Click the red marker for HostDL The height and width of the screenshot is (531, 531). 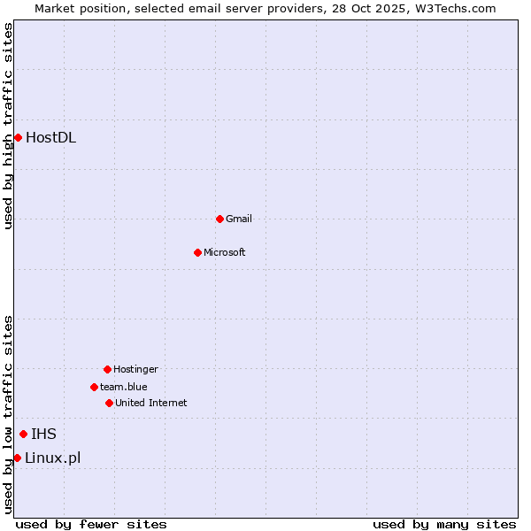click(18, 137)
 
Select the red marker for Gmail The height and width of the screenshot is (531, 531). click(219, 219)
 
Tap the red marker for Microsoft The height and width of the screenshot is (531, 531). click(197, 252)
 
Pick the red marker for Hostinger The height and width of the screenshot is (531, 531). click(107, 369)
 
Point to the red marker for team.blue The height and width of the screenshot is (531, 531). click(94, 387)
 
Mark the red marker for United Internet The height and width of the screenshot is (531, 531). click(109, 403)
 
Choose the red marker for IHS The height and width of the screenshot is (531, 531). click(23, 434)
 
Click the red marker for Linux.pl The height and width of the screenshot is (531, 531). click(17, 458)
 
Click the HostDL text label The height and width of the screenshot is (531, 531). click(50, 137)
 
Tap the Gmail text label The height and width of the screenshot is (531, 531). click(239, 219)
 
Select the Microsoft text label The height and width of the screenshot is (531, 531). click(225, 252)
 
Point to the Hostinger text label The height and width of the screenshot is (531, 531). click(135, 369)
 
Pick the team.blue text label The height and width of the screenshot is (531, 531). click(124, 387)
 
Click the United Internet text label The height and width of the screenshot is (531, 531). click(151, 403)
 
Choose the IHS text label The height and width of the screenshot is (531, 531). click(43, 434)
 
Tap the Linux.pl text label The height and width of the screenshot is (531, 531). click(52, 458)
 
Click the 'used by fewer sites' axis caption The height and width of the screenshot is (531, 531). click(91, 524)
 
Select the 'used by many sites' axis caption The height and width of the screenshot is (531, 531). click(444, 524)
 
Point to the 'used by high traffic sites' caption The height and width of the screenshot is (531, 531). click(8, 126)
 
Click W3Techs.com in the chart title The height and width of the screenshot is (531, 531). click(454, 8)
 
